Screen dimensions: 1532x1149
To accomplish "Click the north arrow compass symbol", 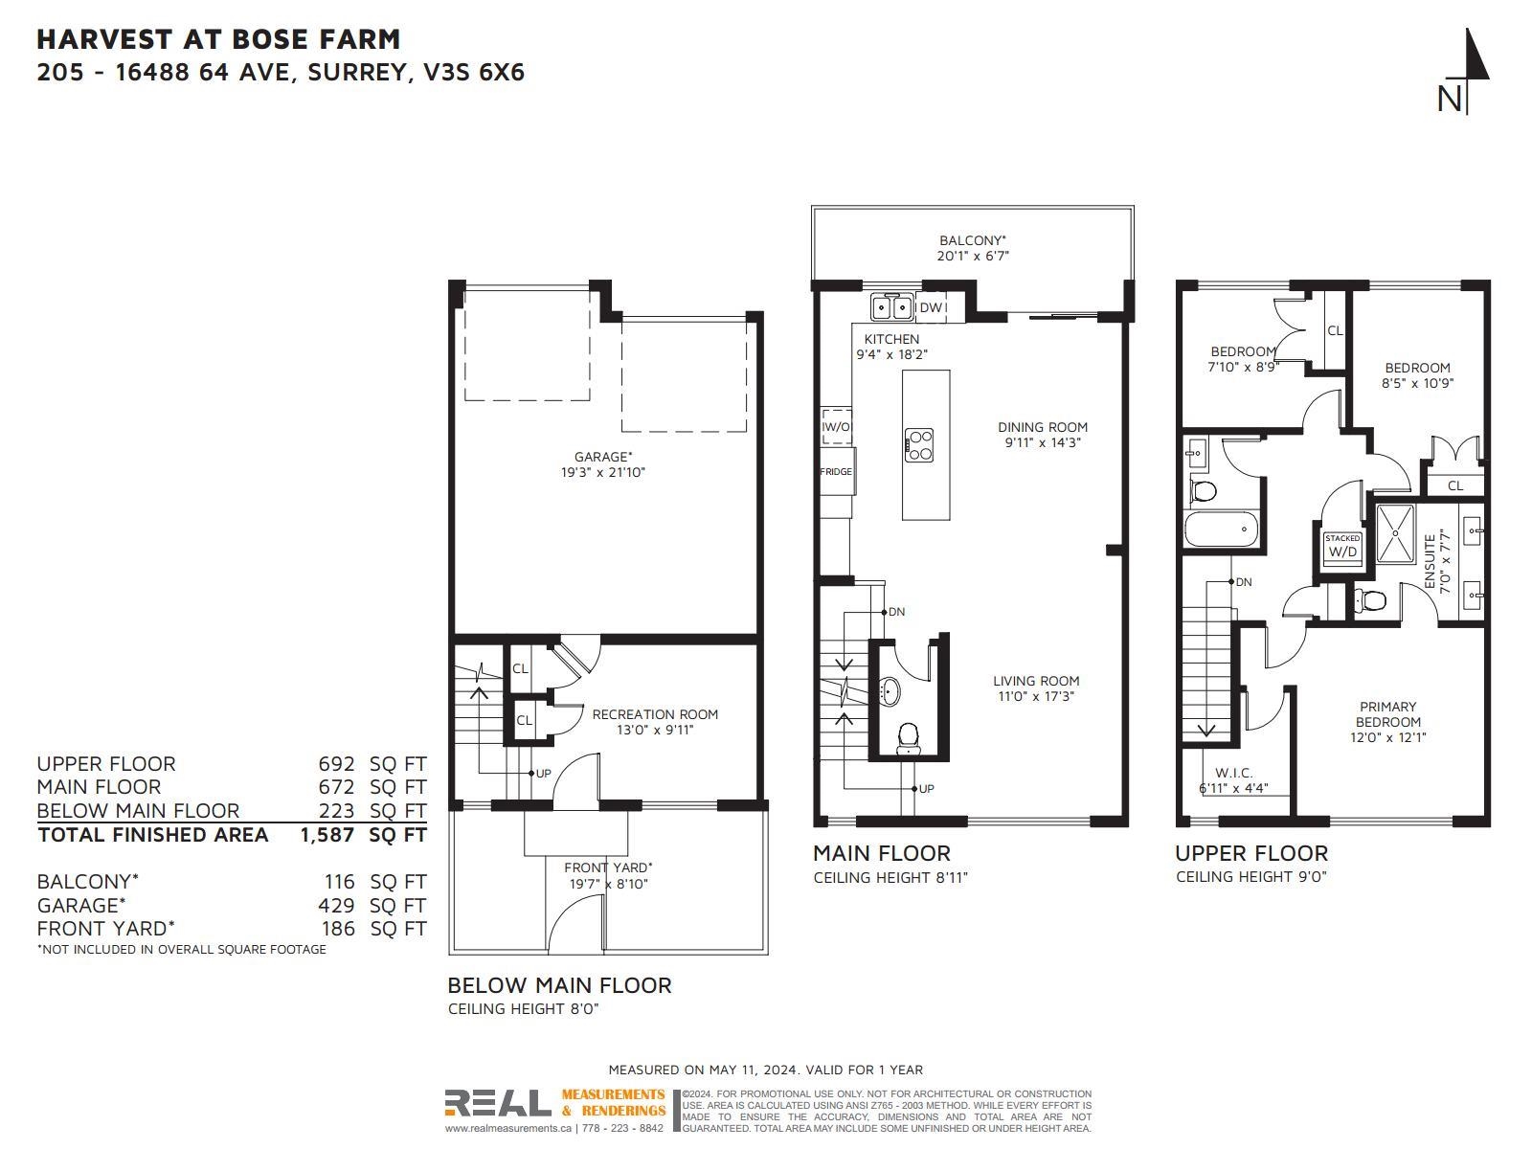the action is tap(1466, 70).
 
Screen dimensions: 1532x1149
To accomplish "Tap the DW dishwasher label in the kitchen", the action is tap(931, 307).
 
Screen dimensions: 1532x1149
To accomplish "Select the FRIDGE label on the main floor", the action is tap(836, 472).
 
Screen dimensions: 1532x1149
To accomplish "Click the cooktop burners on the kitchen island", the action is tap(918, 445).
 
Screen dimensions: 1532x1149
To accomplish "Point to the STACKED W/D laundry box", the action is tap(1342, 547).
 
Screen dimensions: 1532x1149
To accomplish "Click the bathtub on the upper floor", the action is tap(1221, 529).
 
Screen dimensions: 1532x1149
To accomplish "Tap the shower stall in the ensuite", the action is tap(1395, 533).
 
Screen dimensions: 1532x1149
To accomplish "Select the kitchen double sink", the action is tap(892, 307).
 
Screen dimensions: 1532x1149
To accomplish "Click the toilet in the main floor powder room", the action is tap(908, 739).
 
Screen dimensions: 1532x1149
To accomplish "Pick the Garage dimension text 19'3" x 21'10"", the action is tap(603, 472).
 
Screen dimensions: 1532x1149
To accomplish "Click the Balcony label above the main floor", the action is tap(972, 240).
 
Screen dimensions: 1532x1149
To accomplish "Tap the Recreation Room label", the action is tap(655, 714).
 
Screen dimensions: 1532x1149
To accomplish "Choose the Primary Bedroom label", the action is tap(1387, 714).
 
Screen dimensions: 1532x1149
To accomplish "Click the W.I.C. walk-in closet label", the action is tap(1233, 773).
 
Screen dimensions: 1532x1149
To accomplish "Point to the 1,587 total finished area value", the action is tap(327, 835).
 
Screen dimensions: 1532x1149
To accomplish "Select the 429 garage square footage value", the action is tap(336, 906).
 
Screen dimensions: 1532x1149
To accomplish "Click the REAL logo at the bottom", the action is tap(498, 1103).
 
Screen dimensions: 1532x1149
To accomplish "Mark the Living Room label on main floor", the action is tap(1036, 681).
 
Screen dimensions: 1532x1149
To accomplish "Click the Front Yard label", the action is tap(608, 867).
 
